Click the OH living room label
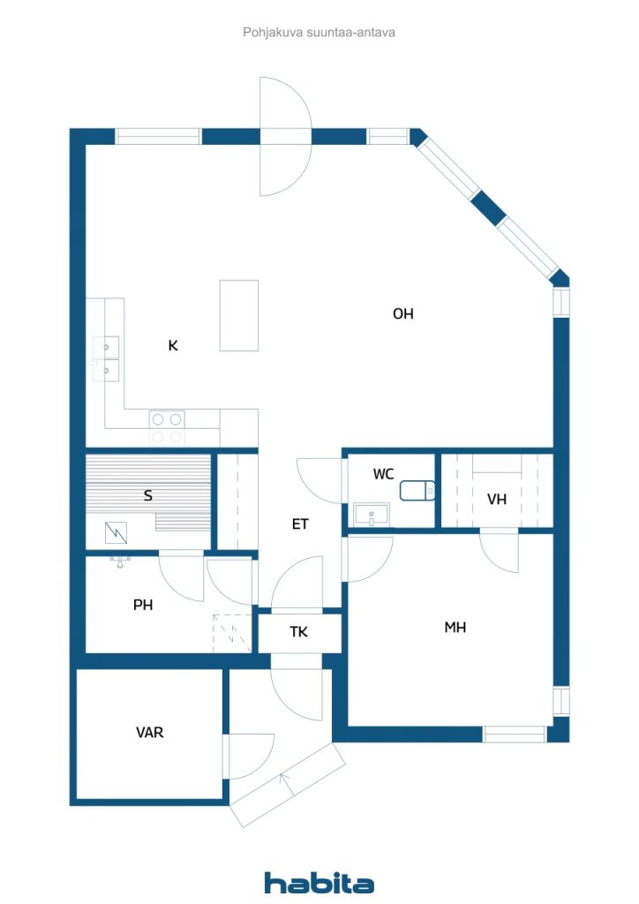tap(402, 313)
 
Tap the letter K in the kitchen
tap(173, 345)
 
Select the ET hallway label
tap(299, 524)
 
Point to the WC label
tap(383, 474)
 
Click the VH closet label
tap(497, 499)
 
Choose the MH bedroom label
tap(455, 628)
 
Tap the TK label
tap(298, 632)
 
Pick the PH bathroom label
tap(143, 605)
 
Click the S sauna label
tap(148, 495)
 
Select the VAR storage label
tap(149, 732)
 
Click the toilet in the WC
tap(417, 490)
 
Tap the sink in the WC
tap(372, 515)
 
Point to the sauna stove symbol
tap(116, 532)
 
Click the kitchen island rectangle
tap(238, 315)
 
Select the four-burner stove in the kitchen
tap(167, 428)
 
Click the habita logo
tap(319, 883)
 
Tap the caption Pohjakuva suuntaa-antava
tap(319, 33)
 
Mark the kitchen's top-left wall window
tap(158, 137)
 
